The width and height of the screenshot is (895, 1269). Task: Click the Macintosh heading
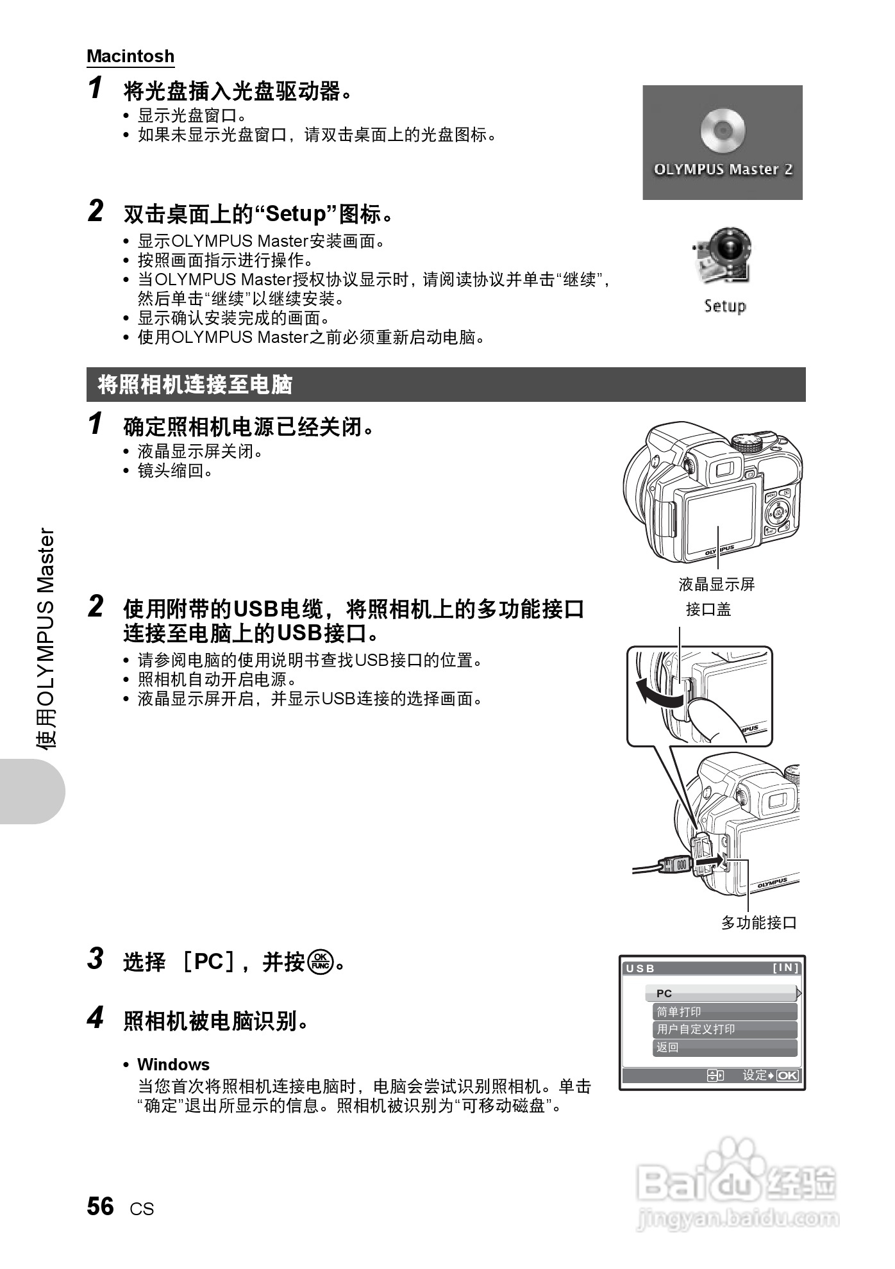click(130, 56)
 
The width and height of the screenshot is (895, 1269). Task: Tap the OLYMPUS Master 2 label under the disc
click(723, 170)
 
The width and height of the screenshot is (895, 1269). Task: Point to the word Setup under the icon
click(725, 306)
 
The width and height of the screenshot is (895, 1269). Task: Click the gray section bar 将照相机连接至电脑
click(445, 385)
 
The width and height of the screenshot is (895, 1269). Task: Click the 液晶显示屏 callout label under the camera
click(716, 585)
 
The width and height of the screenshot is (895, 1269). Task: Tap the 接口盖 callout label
click(708, 610)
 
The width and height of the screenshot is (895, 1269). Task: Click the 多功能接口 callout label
click(758, 923)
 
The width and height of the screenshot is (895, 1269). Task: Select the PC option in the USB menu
click(721, 993)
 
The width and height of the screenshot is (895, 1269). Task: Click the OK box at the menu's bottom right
click(787, 1075)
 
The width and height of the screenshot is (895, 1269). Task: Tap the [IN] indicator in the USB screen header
click(785, 968)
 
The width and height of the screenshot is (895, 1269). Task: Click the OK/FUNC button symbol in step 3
click(320, 961)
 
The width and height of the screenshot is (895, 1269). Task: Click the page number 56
click(101, 1206)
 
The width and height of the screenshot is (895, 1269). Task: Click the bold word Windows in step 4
click(173, 1065)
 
